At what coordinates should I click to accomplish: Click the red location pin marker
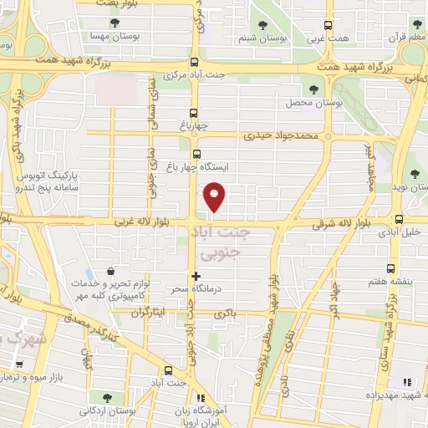(x=216, y=196)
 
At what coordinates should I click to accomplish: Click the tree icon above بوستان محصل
(x=314, y=89)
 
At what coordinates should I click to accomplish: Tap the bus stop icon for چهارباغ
(x=194, y=114)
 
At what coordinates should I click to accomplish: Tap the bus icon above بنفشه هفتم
(x=391, y=269)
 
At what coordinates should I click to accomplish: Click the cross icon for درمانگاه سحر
(x=196, y=275)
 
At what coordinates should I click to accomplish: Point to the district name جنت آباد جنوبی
(x=221, y=239)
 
